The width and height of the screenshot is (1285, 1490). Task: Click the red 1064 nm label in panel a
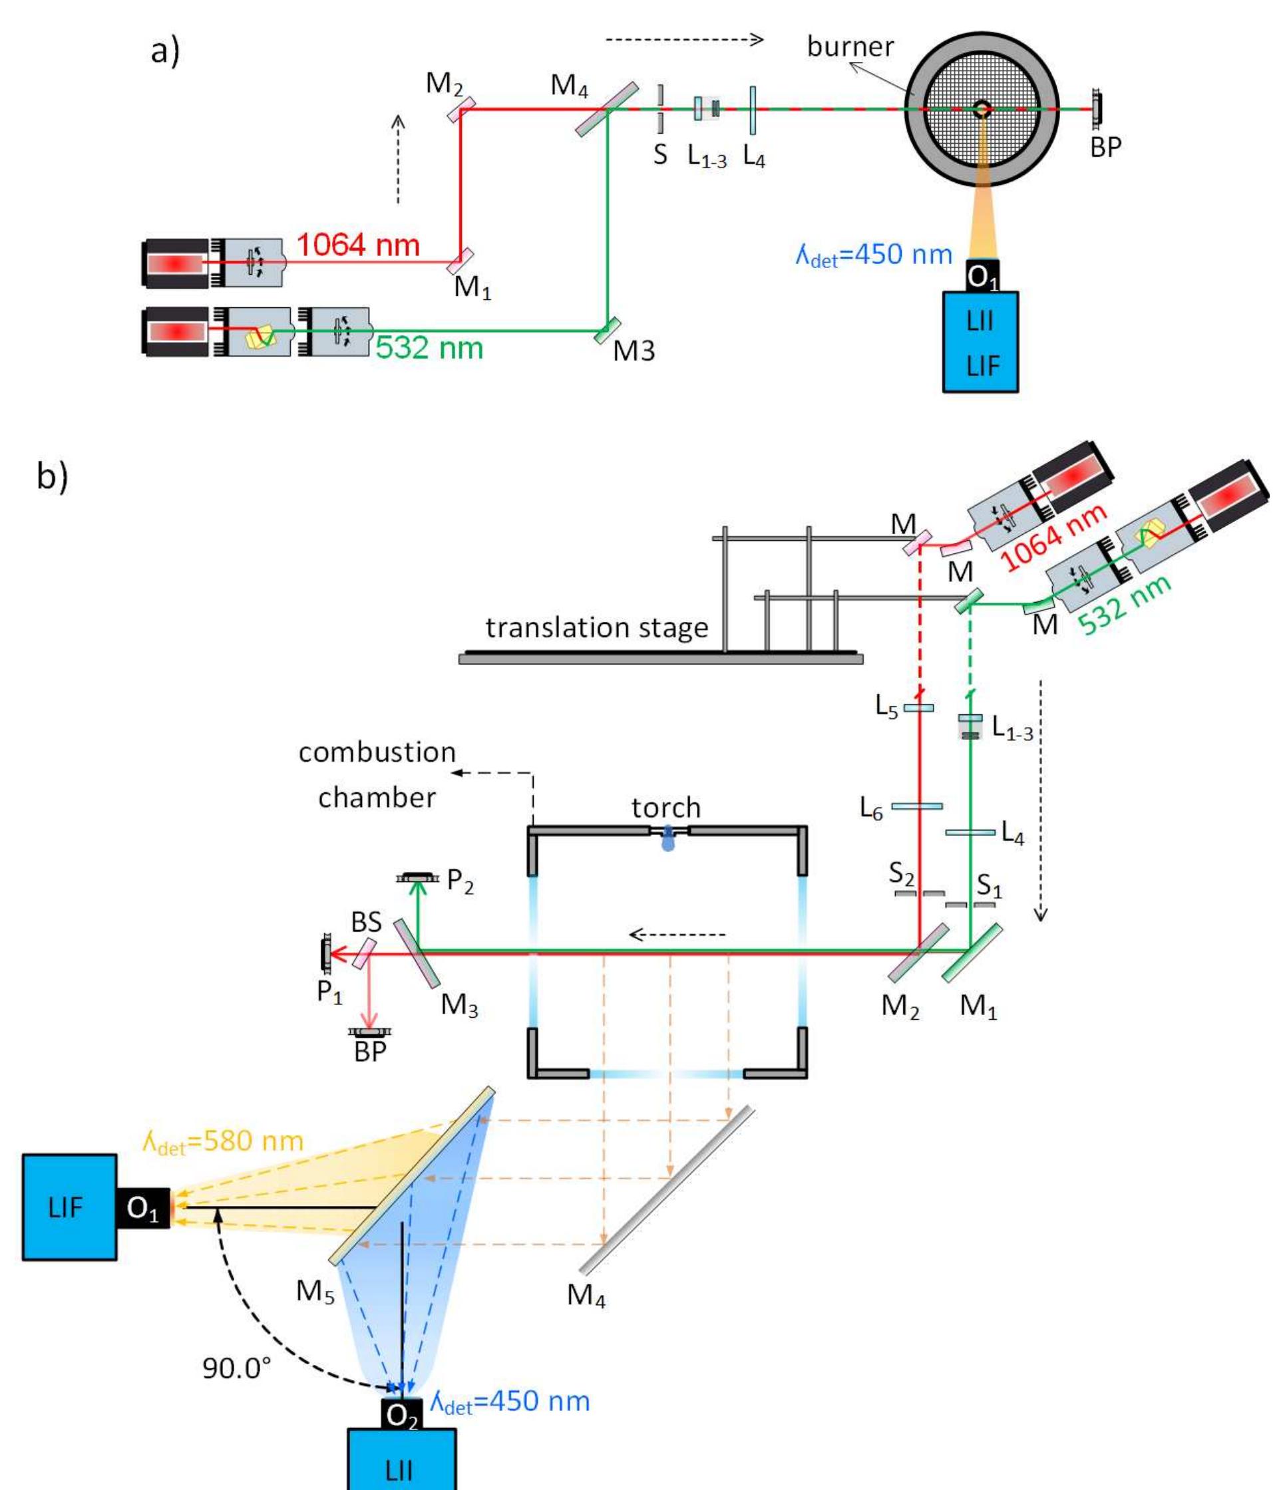(357, 245)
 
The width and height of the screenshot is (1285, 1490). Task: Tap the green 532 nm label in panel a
(429, 347)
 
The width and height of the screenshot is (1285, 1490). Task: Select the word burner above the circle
(850, 47)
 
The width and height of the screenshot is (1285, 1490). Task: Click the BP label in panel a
(1105, 148)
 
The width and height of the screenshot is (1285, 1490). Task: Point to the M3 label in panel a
(634, 351)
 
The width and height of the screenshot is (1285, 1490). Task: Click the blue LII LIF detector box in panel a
(980, 342)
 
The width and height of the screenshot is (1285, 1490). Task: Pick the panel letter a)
(165, 52)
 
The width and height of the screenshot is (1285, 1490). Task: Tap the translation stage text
(596, 628)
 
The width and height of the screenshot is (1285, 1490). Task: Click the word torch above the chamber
(665, 808)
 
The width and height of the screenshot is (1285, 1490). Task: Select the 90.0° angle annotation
(237, 1368)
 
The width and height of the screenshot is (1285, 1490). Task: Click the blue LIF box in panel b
(69, 1207)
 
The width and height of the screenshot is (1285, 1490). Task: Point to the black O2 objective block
(401, 1415)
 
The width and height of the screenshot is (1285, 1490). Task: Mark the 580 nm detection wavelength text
(223, 1142)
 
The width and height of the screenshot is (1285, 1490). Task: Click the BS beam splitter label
(366, 922)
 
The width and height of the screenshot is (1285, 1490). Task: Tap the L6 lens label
(871, 809)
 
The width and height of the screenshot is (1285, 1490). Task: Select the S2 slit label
(902, 874)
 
